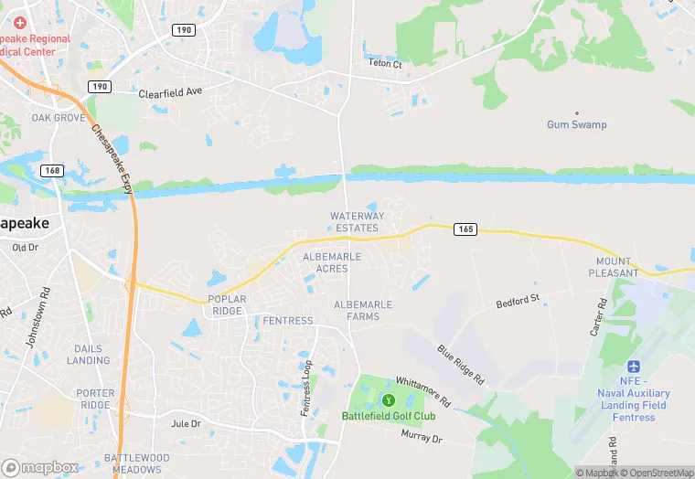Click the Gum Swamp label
point(576,124)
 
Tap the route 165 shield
point(465,229)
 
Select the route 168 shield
point(52,170)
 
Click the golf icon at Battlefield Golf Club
point(388,399)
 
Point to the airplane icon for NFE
point(634,366)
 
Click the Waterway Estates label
point(356,221)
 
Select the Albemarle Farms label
point(363,310)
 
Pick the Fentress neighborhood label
point(288,321)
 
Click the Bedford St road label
point(519,299)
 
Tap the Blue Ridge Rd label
point(460,364)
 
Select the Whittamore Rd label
point(423,390)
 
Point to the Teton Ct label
point(384,64)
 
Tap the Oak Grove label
point(59,118)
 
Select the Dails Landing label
point(90,354)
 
